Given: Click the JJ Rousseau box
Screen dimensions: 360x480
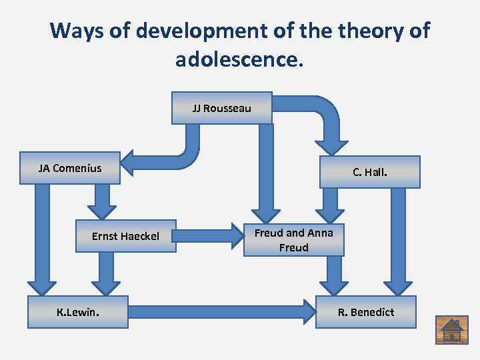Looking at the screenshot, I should coord(222,108).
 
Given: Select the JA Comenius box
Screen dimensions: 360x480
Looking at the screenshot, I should coord(71,168).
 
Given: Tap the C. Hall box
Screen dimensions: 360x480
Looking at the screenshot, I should coord(370,172).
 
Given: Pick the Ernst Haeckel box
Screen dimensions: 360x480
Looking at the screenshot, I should coord(125,236).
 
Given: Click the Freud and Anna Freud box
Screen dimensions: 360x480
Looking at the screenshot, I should coord(293,240).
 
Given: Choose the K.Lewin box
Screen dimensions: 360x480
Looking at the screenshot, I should coord(77,312).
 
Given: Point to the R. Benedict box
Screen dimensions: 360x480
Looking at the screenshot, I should coord(366,312).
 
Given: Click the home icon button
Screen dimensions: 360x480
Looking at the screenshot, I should coord(452,329).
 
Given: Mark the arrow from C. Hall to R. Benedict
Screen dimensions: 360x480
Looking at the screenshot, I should coord(398,240).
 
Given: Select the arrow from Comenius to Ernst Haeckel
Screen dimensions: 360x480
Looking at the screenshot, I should coord(102,200).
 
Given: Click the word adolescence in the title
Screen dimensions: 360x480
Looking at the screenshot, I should coord(238,60).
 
